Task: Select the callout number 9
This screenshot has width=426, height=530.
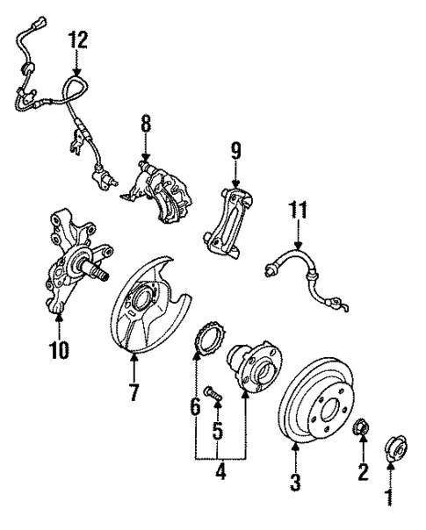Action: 235,150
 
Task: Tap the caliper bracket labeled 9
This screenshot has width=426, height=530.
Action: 230,216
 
